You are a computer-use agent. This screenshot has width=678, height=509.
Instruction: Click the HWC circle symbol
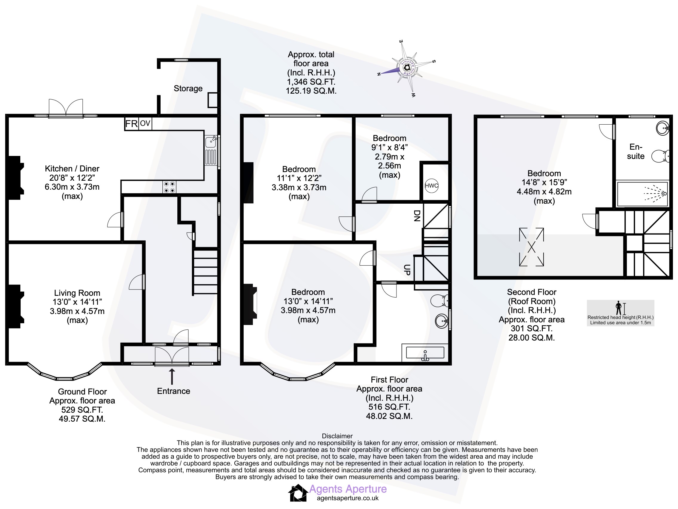pos(431,185)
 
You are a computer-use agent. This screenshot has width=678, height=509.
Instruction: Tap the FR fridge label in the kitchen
pos(131,124)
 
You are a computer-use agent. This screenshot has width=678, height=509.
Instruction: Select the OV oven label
pos(145,123)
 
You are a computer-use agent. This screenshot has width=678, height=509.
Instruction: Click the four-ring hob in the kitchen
pos(169,187)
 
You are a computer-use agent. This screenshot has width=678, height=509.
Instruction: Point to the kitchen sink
pos(211,150)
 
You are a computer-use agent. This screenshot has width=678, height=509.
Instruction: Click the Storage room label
pos(188,89)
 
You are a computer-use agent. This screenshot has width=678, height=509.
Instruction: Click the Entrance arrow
pos(172,377)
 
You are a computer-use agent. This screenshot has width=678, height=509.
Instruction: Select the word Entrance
pos(173,391)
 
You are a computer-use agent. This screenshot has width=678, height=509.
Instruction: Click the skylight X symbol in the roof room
pos(531,247)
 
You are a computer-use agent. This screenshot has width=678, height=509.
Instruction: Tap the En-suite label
pos(635,151)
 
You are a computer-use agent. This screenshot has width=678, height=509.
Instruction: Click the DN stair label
pos(417,216)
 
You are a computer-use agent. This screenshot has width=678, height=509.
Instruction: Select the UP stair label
pos(407,270)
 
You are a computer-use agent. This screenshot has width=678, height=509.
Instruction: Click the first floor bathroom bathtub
pos(425,352)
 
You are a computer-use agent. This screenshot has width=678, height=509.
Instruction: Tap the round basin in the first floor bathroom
pos(442,321)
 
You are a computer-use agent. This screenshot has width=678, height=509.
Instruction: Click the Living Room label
pos(77,293)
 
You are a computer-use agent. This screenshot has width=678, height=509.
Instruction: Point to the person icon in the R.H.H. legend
pos(619,308)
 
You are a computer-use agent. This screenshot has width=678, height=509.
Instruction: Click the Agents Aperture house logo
pos(298,493)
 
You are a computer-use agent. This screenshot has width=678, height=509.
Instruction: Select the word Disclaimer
pos(337,436)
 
